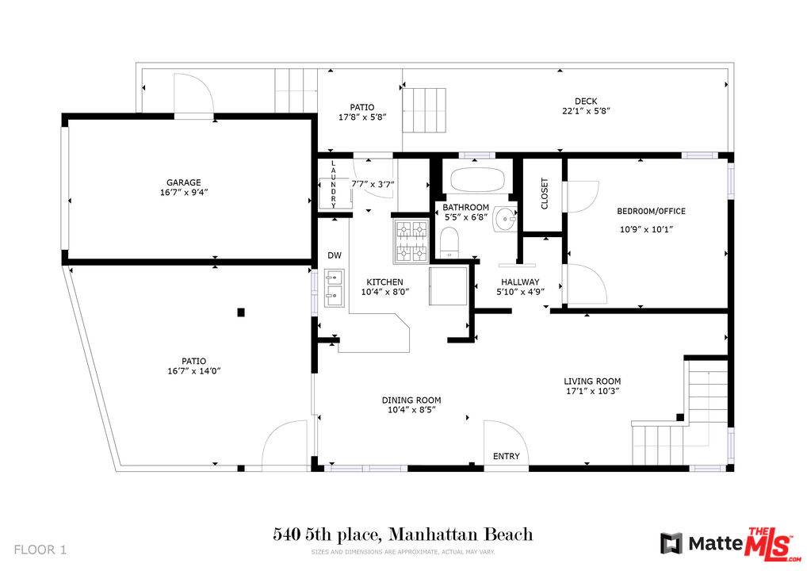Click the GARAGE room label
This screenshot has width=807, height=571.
[x=183, y=182]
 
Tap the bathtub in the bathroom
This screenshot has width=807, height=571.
[x=477, y=179]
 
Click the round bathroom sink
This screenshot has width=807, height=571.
[x=506, y=220]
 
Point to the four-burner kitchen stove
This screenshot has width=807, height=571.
[x=411, y=241]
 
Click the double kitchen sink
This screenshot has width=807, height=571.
[x=334, y=288]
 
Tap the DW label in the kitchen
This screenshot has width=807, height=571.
[x=335, y=255]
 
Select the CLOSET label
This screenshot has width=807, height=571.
[x=545, y=194]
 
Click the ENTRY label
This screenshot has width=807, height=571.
[x=507, y=456]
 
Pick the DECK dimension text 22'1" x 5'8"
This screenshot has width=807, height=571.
[x=586, y=111]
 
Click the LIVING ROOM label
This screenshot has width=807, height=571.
[x=592, y=381]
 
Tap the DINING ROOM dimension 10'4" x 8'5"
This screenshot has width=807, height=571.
[x=411, y=410]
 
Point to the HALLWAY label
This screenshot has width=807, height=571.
[x=520, y=282]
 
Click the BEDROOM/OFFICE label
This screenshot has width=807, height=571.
[x=651, y=211]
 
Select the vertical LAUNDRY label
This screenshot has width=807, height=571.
[x=333, y=184]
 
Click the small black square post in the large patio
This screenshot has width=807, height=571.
[x=241, y=312]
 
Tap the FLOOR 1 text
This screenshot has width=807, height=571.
[x=40, y=550]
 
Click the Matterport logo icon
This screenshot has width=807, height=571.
[x=671, y=544]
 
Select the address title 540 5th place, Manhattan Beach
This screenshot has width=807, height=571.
[x=403, y=535]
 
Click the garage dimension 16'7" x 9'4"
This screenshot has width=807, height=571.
[x=184, y=193]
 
